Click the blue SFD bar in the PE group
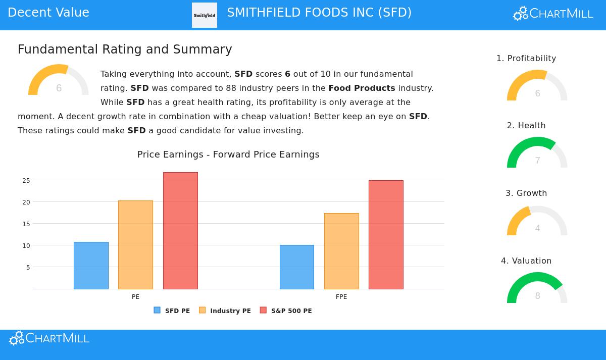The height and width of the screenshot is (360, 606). (x=91, y=266)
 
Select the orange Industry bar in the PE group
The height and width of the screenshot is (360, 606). (x=135, y=245)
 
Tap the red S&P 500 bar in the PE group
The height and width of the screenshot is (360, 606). (x=180, y=231)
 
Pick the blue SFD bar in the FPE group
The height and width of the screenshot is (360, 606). (x=296, y=267)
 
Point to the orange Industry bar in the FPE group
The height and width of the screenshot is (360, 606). (x=341, y=251)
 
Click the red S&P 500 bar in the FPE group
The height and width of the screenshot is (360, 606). (x=386, y=235)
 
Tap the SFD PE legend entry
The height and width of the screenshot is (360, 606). (x=172, y=311)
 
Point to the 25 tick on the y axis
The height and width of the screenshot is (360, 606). (x=26, y=180)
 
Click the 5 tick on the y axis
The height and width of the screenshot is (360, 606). (x=28, y=267)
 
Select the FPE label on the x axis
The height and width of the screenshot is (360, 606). (x=341, y=297)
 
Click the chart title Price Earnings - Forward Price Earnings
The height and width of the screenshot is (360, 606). (x=228, y=155)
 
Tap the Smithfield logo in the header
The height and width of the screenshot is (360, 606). (x=205, y=15)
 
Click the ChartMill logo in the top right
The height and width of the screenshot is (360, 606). (x=553, y=14)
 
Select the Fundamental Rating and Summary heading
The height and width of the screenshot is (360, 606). (x=125, y=49)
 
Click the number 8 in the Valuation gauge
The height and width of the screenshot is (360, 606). (x=537, y=296)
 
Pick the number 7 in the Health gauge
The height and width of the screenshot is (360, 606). (x=537, y=161)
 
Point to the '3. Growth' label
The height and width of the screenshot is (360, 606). (x=526, y=193)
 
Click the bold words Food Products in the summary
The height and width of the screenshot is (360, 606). (x=362, y=88)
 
